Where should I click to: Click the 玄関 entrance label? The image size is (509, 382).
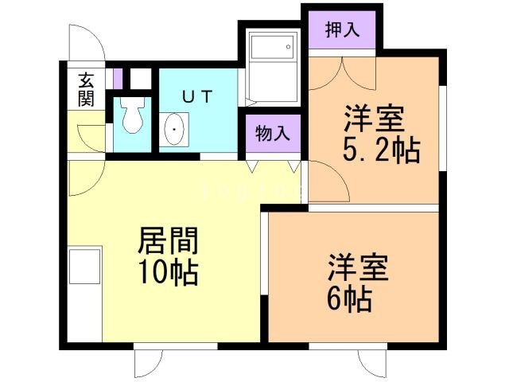pos(86,89)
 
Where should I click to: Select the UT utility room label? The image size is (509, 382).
pos(196,97)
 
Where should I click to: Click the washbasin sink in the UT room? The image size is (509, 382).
pos(175,130)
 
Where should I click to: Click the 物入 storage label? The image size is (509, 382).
pos(272,134)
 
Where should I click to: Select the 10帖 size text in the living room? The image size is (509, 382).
pos(169,273)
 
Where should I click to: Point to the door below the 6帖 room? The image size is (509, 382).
pos(374,363)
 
